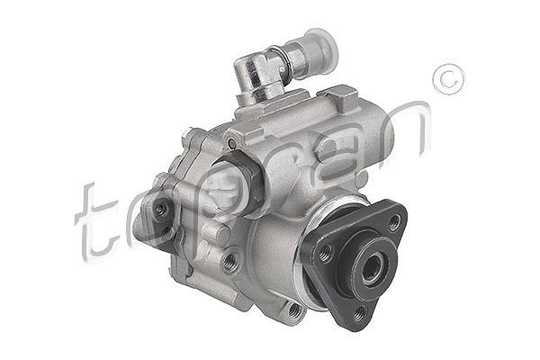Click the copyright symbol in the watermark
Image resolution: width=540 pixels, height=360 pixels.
tap(448, 79)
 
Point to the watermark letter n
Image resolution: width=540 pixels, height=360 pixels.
tap(408, 130)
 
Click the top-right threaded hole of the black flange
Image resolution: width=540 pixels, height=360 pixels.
tap(394, 224)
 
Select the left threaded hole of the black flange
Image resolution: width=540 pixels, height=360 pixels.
tap(325, 253)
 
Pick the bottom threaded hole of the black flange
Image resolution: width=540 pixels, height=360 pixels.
tap(360, 313)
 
